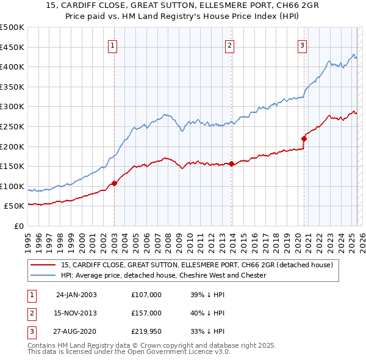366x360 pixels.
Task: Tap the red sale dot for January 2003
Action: tap(115, 183)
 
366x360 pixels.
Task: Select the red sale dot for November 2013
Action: tap(232, 164)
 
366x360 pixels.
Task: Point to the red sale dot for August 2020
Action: tap(304, 139)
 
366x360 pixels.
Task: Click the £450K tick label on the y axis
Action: tap(12, 47)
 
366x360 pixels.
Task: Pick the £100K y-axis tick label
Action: tap(12, 186)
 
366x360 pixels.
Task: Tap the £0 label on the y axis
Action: tap(19, 226)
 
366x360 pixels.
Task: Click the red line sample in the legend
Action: tap(43, 265)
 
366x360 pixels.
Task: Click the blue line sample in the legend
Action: tap(43, 275)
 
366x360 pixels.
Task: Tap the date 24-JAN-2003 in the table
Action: tap(76, 295)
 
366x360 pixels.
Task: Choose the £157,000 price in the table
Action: tap(146, 313)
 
